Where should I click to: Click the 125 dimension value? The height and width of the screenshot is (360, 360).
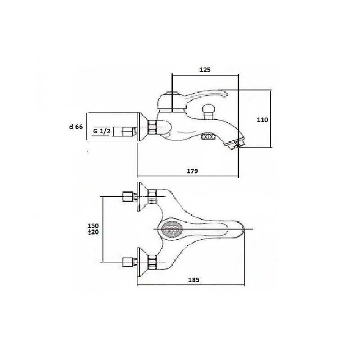point(205,70)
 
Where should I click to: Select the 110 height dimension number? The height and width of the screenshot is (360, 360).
point(262,120)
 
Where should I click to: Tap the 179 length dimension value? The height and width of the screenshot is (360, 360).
point(193,171)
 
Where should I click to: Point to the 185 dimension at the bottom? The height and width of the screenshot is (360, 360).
point(194,280)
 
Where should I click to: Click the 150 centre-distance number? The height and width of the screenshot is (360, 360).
point(93,225)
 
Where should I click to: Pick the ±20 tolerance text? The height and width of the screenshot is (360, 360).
point(93,232)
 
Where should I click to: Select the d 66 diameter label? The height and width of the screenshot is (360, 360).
point(76,126)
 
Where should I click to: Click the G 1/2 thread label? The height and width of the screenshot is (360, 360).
point(102,131)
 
